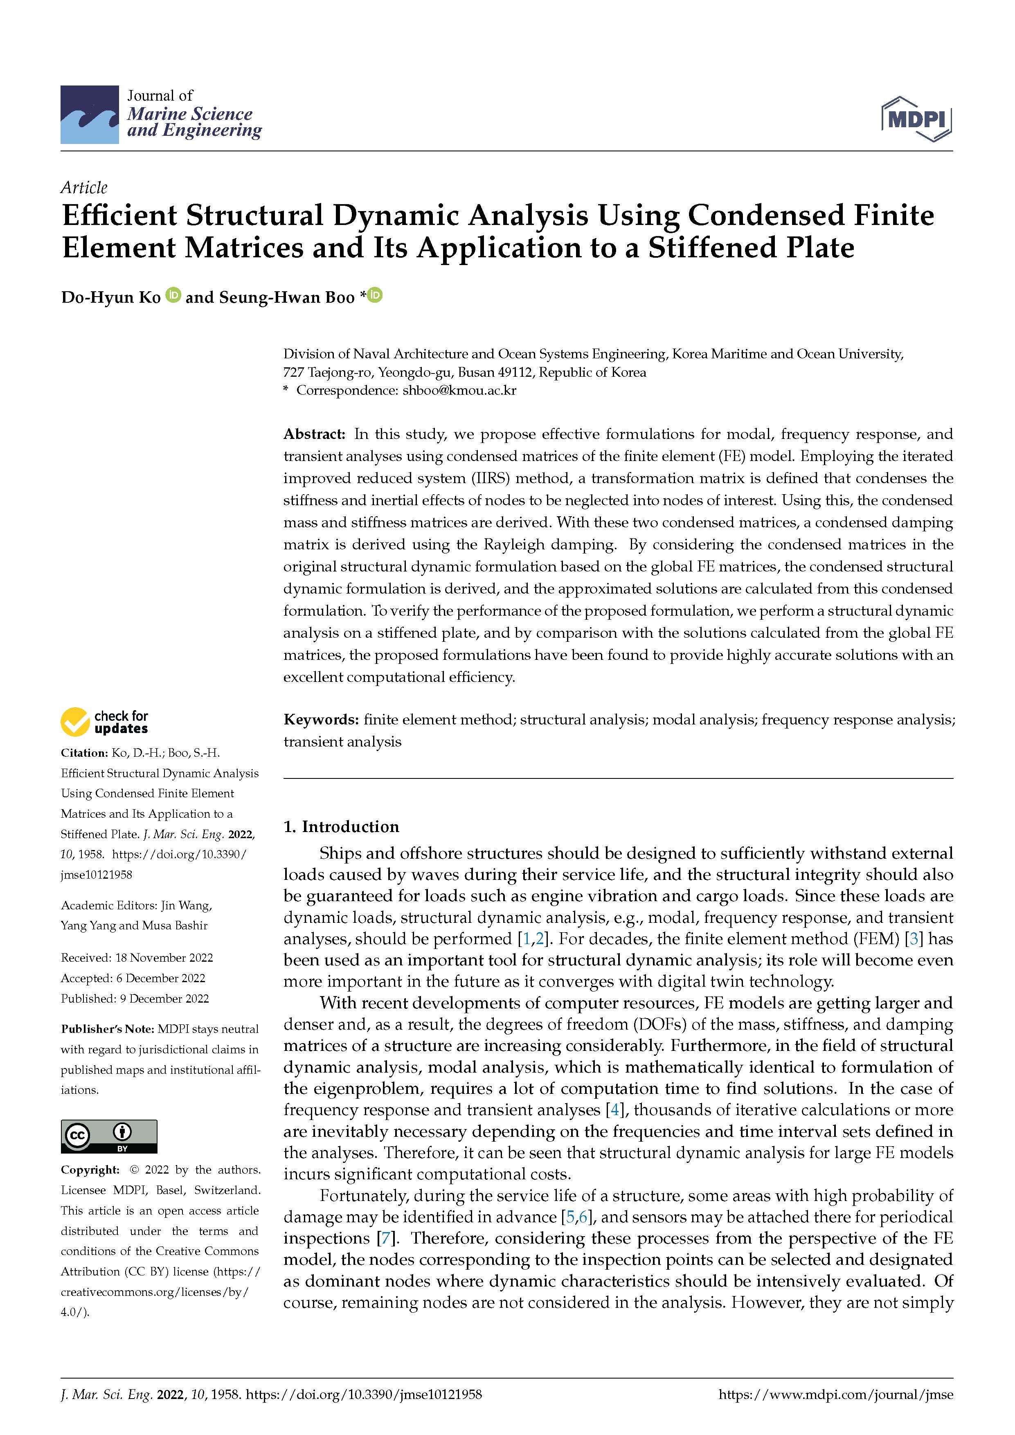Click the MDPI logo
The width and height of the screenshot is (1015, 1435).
point(916,119)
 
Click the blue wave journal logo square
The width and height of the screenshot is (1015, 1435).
point(89,115)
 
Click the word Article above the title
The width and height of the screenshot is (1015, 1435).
point(84,187)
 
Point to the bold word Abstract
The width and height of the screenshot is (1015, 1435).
point(314,434)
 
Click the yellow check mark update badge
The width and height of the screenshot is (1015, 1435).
point(75,722)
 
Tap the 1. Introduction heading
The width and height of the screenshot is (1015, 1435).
point(341,826)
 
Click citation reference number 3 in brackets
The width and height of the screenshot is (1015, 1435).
point(914,939)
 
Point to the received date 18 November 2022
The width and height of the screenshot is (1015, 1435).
point(164,958)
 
